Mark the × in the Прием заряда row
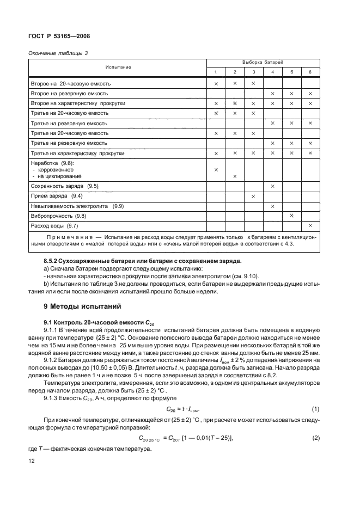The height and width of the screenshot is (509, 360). coord(253,196)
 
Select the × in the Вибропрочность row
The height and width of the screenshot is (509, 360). coord(291,216)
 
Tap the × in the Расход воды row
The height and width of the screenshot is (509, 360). coord(310,225)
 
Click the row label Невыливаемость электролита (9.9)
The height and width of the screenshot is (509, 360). coord(78,206)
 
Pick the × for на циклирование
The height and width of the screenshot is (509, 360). coord(235,176)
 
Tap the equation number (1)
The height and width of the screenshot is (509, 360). coord(314,409)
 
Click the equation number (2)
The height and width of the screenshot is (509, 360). coord(314,437)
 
